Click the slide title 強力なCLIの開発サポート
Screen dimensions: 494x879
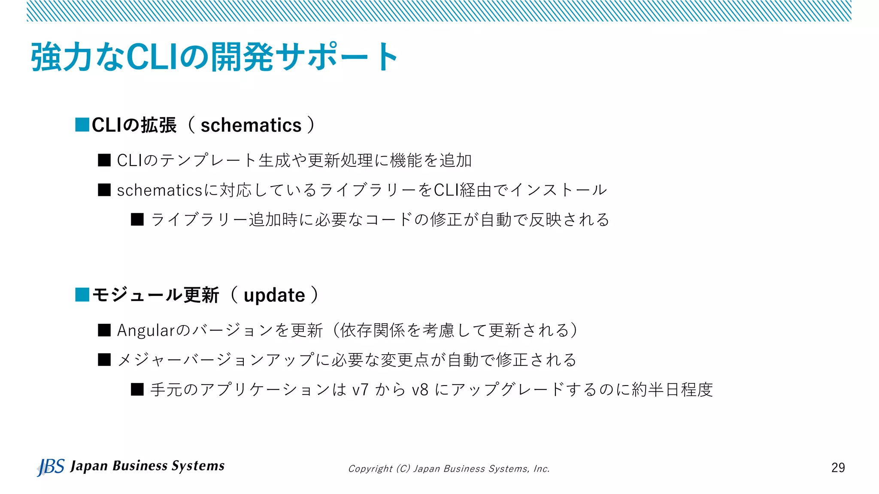[215, 57]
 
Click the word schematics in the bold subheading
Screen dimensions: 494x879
[251, 126]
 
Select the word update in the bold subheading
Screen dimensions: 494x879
[274, 295]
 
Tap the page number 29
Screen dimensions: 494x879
[838, 467]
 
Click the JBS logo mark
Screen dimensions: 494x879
[51, 467]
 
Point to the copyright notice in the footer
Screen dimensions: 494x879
[449, 469]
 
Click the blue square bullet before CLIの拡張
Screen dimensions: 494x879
[82, 125]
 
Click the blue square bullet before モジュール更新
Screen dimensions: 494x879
[82, 295]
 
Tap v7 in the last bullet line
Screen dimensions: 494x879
[360, 390]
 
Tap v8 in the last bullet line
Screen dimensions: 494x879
[420, 390]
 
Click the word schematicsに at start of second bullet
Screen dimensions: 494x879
[167, 190]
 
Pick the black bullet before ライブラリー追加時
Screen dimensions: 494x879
[137, 220]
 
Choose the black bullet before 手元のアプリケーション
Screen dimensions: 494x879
[137, 389]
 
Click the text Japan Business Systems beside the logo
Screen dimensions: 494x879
[147, 466]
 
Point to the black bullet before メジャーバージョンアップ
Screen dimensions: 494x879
[104, 360]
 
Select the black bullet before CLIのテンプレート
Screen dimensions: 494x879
[104, 160]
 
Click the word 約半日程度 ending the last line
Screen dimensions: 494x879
[672, 390]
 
